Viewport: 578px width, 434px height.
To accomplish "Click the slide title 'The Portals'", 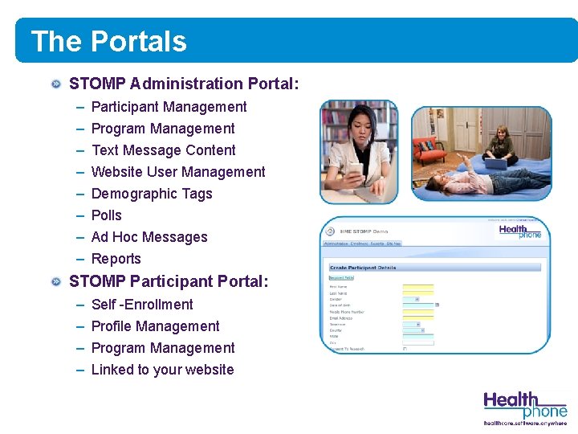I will point(108,42).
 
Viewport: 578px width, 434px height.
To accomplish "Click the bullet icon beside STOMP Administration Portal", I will point(55,84).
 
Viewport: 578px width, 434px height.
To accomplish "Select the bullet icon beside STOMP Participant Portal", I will point(55,281).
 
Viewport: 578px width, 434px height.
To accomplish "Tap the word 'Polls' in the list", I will point(107,215).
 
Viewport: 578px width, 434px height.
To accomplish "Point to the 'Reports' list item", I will point(116,259).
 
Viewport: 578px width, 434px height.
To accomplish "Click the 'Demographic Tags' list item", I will point(152,194).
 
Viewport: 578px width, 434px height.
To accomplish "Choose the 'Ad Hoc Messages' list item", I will point(149,237).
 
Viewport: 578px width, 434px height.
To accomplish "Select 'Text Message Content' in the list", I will point(164,150).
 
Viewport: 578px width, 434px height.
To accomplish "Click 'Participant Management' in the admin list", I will point(169,107).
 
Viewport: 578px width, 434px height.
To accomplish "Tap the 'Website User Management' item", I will point(178,172).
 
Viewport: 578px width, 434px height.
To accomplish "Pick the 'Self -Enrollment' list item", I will point(142,305).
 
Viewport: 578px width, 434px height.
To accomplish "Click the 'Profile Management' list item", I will point(156,326).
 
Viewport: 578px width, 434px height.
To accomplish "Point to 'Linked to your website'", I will point(163,370).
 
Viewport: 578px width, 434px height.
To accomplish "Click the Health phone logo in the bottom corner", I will point(525,407).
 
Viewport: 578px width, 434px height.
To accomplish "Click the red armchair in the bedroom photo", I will point(429,149).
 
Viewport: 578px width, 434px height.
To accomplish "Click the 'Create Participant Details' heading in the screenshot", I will point(363,268).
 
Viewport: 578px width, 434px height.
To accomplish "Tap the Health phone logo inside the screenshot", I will point(520,231).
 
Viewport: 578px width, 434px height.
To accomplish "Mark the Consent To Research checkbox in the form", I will point(405,349).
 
